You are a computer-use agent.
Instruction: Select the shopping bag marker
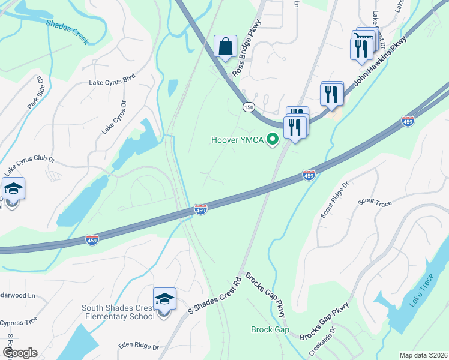(225, 46)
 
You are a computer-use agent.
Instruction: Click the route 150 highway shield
(248, 107)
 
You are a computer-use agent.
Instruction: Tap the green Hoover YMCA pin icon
(273, 140)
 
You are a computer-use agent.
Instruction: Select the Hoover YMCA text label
(238, 140)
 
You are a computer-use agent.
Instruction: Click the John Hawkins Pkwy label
(379, 63)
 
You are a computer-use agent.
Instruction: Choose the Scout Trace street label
(375, 203)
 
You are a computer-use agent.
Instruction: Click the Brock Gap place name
(270, 329)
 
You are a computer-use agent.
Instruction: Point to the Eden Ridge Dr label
(139, 347)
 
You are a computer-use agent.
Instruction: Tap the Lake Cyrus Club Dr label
(30, 160)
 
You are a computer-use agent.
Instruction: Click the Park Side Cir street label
(35, 92)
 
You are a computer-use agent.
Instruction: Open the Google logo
(19, 353)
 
